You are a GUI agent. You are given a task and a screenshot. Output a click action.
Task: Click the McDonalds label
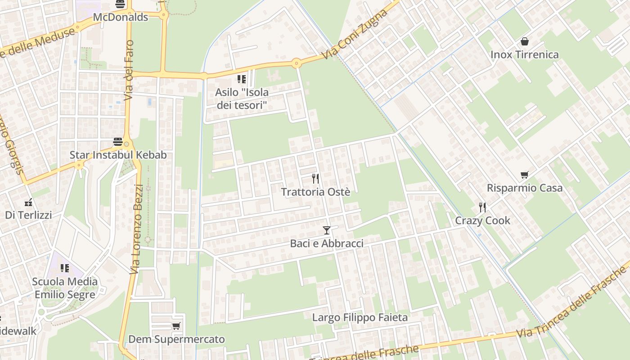tap(120, 18)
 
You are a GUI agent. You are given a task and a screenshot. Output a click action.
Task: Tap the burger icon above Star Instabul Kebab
tap(118, 142)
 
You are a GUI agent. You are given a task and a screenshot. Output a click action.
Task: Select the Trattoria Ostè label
tap(315, 192)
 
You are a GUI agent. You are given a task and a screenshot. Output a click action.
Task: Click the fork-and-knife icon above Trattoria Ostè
tap(315, 179)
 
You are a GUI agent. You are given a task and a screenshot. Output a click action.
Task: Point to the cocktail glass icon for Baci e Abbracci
tap(327, 230)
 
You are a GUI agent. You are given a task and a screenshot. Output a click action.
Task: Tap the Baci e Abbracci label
tap(327, 243)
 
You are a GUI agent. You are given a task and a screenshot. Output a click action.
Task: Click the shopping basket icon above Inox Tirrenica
tap(524, 42)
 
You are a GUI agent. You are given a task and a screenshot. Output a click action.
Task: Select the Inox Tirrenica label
tap(524, 55)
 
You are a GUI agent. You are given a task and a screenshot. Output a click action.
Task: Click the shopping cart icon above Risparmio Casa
tap(524, 175)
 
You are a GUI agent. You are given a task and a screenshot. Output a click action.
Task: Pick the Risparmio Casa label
tap(525, 188)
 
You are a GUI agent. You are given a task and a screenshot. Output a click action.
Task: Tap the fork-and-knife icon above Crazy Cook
tap(482, 207)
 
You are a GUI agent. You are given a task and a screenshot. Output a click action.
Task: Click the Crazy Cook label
tap(482, 220)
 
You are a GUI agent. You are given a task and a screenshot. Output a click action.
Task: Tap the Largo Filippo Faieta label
tap(360, 318)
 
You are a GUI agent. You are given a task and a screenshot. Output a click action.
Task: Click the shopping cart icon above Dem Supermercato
tap(176, 326)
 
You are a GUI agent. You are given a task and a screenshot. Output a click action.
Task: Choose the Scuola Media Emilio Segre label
tap(65, 288)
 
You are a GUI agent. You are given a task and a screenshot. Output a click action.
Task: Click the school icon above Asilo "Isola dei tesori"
tap(242, 79)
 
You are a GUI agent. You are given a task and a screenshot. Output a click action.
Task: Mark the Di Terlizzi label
tap(28, 215)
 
